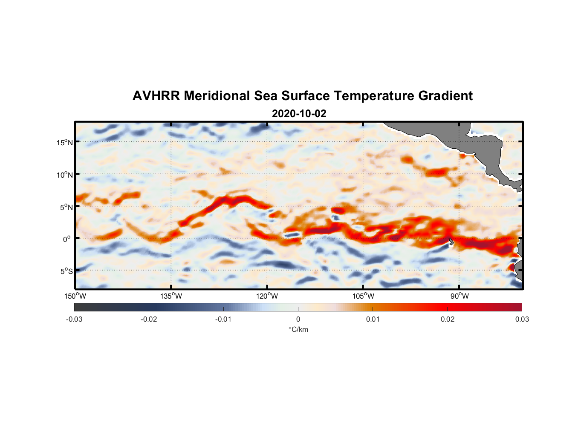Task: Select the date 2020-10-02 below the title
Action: tap(299, 114)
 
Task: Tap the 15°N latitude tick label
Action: tap(65, 142)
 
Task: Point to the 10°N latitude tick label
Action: tap(65, 175)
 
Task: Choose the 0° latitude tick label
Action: tap(67, 239)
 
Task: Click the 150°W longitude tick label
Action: tap(75, 296)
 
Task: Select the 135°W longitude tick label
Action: tap(171, 296)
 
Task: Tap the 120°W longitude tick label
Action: tap(267, 296)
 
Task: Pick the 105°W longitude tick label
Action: tap(363, 296)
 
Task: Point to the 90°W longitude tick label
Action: tap(460, 296)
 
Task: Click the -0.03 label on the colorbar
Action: tap(74, 319)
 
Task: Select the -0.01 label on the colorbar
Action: tap(223, 319)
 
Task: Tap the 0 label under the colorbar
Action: tap(298, 319)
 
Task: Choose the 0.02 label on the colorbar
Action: tap(448, 319)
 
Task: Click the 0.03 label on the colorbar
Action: tap(522, 319)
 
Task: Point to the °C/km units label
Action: tap(298, 330)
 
